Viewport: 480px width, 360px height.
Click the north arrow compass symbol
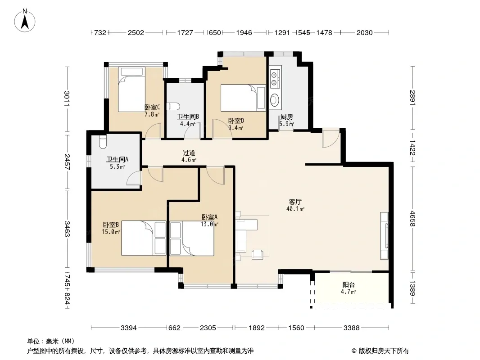tap(25, 20)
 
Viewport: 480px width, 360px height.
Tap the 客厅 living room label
tap(295, 202)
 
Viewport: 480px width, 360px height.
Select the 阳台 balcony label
tap(349, 285)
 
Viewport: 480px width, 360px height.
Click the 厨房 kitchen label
tap(287, 117)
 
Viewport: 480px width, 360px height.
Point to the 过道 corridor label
tap(189, 153)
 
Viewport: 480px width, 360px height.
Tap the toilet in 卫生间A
tap(103, 142)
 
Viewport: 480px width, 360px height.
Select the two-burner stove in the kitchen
tap(275, 78)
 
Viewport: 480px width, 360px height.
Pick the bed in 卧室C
tap(131, 89)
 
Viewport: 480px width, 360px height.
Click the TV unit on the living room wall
tap(385, 235)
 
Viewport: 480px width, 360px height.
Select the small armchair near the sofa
tap(258, 255)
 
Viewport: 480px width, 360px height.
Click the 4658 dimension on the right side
tap(412, 219)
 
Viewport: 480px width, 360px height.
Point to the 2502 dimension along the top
tap(136, 32)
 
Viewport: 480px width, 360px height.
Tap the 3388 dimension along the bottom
tap(351, 328)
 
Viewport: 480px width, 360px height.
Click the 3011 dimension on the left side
tap(67, 99)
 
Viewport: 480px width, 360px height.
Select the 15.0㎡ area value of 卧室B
tap(111, 232)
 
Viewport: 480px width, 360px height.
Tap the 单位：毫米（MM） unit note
tap(51, 342)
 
